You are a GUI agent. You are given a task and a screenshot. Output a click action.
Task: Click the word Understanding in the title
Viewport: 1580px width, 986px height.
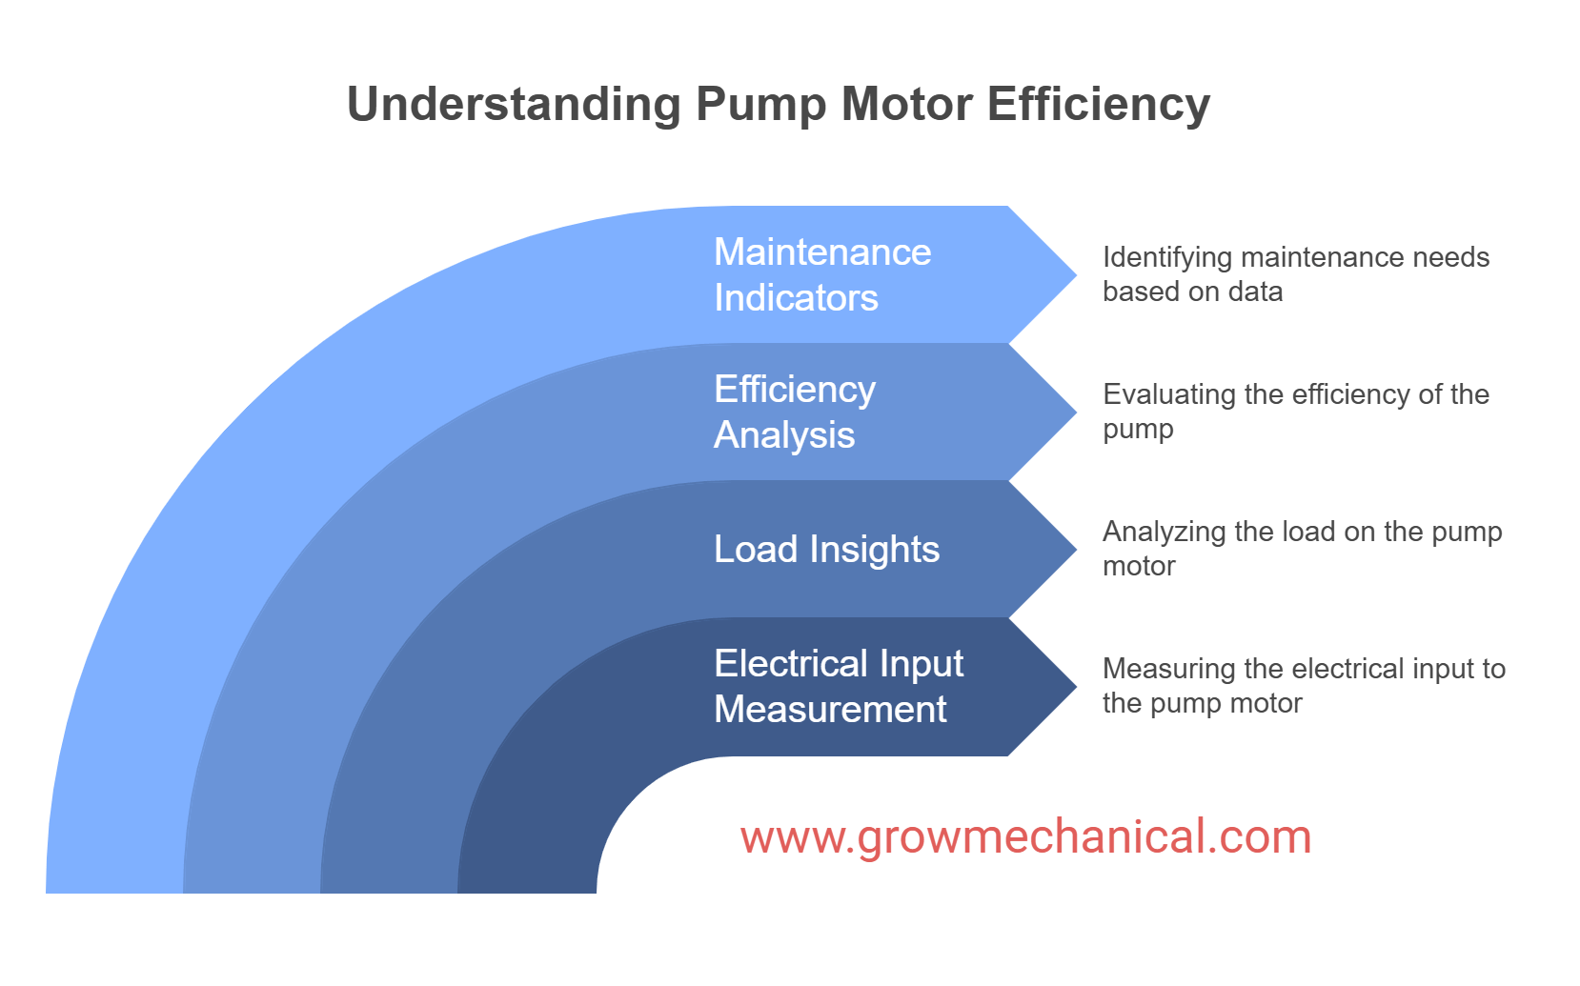513,105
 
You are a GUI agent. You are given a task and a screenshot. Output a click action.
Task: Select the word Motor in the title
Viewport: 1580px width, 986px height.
906,105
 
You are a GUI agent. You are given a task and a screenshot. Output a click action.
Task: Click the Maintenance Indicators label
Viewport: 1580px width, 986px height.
822,274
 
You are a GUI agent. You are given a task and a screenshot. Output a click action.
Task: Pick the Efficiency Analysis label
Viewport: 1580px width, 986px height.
795,412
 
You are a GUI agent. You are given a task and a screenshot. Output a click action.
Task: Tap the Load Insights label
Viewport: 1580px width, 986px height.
826,550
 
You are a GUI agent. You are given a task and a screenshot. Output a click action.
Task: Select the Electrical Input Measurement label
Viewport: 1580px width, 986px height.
839,686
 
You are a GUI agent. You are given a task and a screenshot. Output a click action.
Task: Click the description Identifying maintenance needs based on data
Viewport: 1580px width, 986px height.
1295,274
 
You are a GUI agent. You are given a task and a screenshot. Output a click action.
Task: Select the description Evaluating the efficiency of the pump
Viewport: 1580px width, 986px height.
1295,412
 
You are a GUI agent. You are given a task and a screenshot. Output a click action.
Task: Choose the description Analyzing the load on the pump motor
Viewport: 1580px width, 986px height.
1302,549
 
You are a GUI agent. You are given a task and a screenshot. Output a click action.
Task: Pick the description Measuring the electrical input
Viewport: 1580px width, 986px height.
1304,686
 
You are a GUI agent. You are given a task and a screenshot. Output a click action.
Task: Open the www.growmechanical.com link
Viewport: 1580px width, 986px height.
1025,837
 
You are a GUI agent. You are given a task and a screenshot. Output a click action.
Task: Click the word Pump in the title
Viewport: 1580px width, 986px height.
760,105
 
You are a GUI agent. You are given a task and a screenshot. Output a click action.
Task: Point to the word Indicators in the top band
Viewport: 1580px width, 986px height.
796,298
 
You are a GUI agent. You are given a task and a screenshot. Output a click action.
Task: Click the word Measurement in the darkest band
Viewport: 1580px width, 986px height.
830,710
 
